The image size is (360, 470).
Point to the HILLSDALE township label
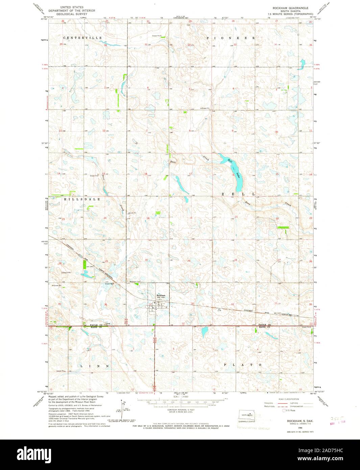(x=82, y=199)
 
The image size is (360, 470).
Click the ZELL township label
(x=238, y=194)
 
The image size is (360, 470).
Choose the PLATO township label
(x=243, y=365)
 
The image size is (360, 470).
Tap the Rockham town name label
(x=161, y=296)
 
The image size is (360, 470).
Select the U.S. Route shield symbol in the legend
(x=284, y=410)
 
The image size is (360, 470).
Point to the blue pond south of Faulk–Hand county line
(x=203, y=332)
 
